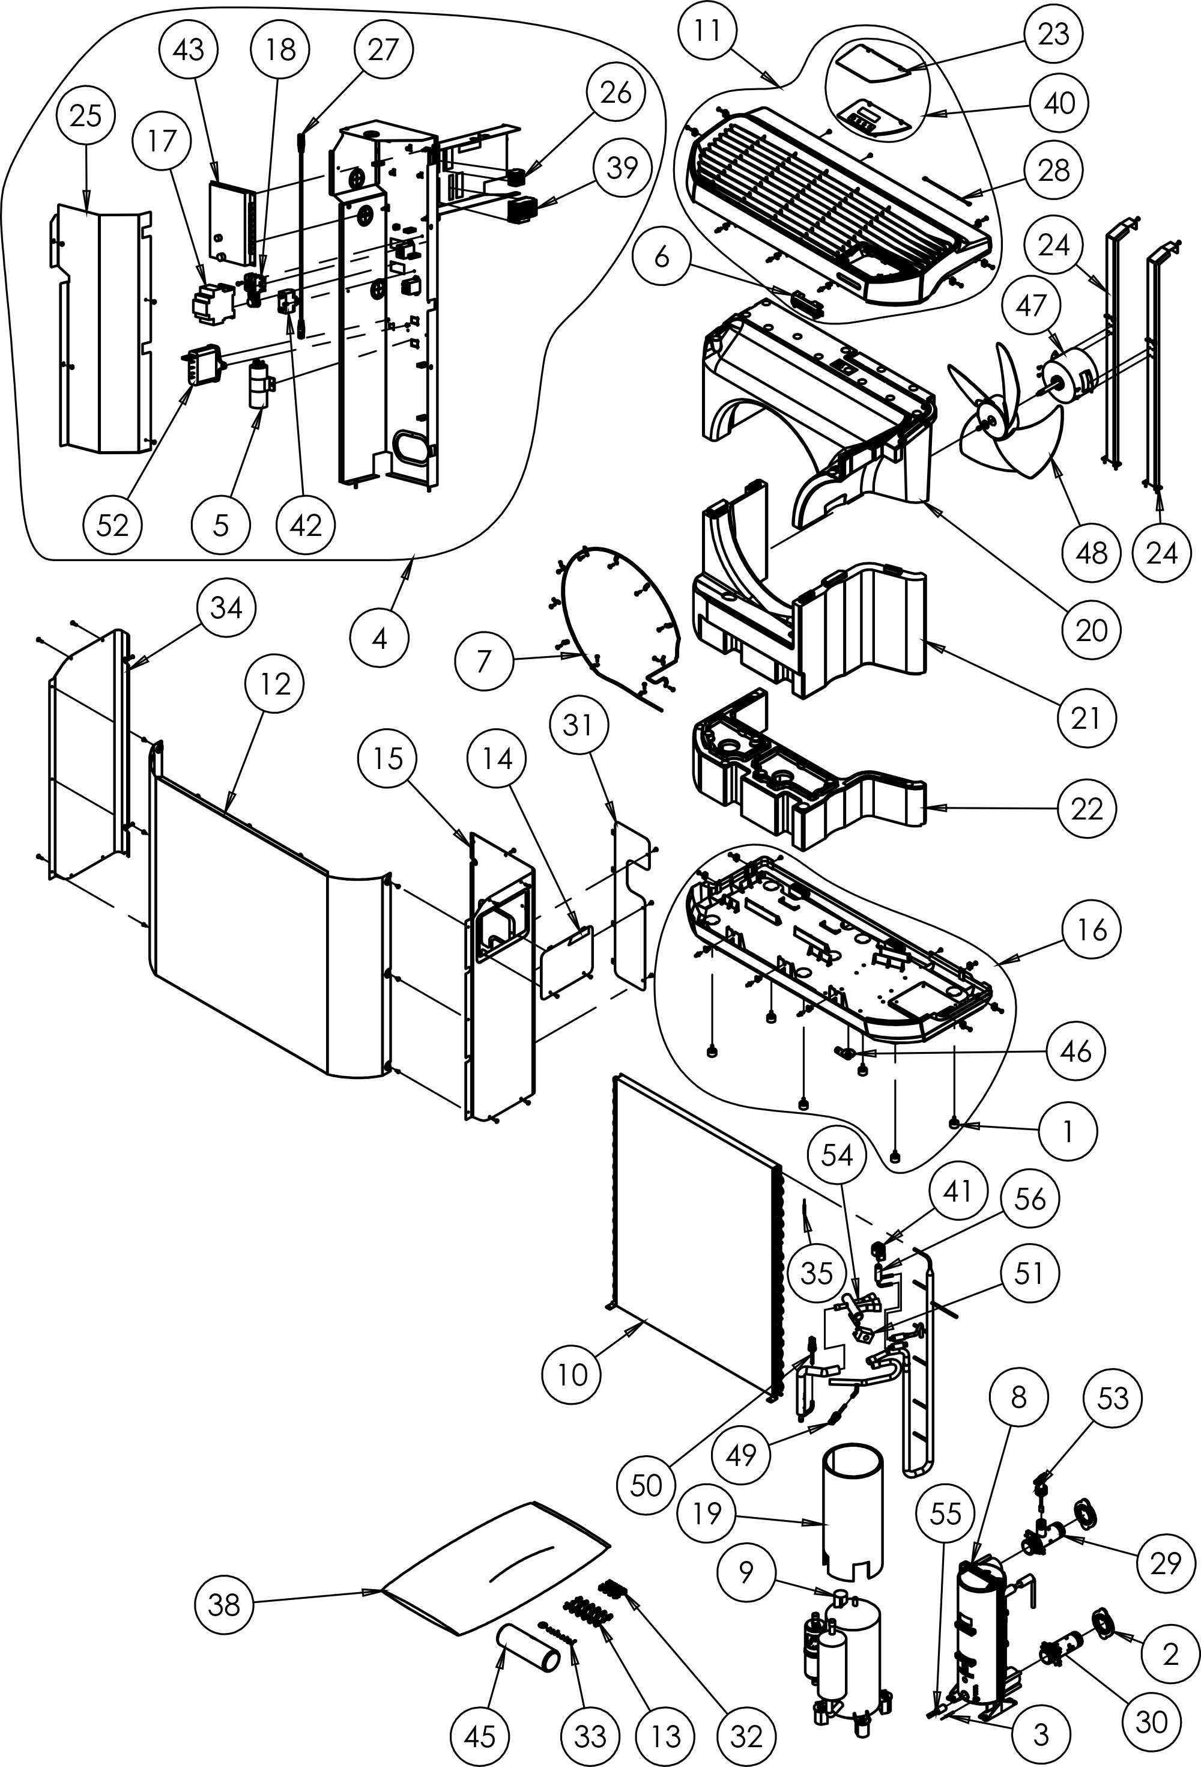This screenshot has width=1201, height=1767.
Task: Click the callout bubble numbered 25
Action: (x=85, y=117)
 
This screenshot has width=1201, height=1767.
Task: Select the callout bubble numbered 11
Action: (x=707, y=31)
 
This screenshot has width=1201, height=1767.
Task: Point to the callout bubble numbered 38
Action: (x=224, y=1604)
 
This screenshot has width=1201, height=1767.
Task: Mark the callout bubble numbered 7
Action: (x=484, y=661)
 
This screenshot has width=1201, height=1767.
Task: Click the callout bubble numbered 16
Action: (x=1092, y=929)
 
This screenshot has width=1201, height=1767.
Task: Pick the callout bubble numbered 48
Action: (x=1092, y=553)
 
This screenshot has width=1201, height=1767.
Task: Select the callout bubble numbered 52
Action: (x=112, y=525)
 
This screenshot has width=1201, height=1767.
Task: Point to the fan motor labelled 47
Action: (x=1068, y=373)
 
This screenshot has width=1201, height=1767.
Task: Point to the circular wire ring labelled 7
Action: (x=620, y=608)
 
